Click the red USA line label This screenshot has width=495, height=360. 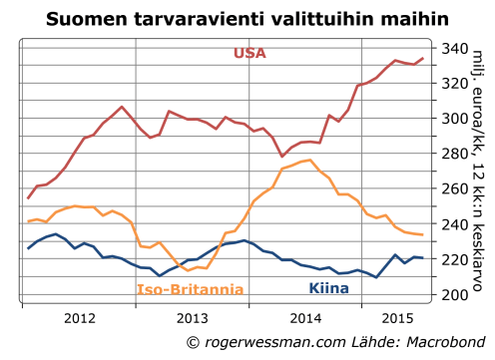pyautogui.click(x=249, y=53)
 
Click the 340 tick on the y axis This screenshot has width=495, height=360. pyautogui.click(x=454, y=48)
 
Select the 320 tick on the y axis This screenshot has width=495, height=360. pyautogui.click(x=454, y=83)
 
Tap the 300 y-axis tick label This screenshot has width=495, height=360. pyautogui.click(x=454, y=119)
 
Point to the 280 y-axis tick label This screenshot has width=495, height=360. pyautogui.click(x=454, y=154)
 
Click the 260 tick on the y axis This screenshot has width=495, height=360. pyautogui.click(x=454, y=188)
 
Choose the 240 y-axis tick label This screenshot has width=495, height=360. pyautogui.click(x=454, y=224)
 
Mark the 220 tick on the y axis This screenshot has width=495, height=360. pyautogui.click(x=454, y=259)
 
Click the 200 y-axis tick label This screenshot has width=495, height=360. pyautogui.click(x=454, y=295)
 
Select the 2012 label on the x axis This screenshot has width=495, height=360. pyautogui.click(x=78, y=319)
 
